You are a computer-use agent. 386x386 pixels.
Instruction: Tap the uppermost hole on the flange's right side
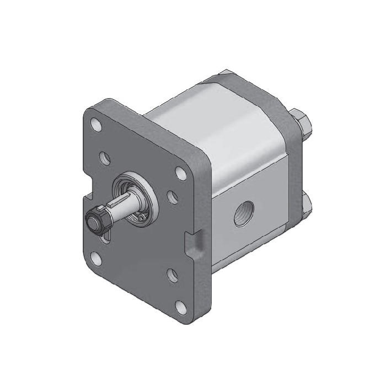pyautogui.click(x=180, y=171)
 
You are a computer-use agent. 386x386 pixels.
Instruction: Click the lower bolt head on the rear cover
pyautogui.click(x=305, y=206)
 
